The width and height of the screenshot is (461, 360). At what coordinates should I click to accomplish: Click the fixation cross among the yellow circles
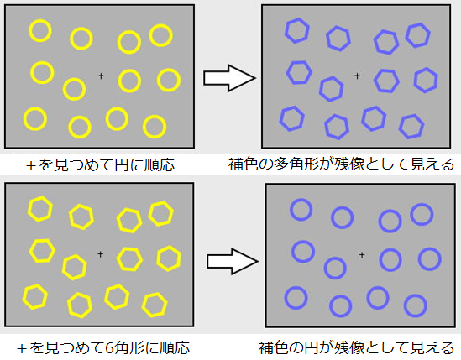coord(101,76)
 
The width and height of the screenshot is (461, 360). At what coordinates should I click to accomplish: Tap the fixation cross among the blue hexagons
coord(357,76)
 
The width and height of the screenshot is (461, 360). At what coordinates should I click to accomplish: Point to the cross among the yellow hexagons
coord(100,254)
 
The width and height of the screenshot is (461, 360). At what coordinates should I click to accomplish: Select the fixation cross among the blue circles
coord(362,255)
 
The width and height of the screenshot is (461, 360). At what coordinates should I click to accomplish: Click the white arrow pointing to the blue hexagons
coord(229,78)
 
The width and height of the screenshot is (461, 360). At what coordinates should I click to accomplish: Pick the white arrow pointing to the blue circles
coord(233,261)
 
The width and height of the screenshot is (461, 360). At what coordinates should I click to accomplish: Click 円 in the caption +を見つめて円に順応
coord(122,164)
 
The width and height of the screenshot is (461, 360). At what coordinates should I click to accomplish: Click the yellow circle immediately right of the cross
coord(129,81)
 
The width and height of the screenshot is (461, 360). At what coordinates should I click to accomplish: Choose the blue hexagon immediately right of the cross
coord(386,81)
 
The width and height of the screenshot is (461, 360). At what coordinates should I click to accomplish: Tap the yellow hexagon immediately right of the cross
coord(129,259)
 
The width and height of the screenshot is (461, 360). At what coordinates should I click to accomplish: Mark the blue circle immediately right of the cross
coord(390,260)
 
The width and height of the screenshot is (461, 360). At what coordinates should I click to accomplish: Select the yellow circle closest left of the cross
coord(75,89)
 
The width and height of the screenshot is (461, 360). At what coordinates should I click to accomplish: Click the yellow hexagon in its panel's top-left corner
coord(40,209)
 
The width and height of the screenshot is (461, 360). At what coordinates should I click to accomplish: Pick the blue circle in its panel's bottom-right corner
coord(416,306)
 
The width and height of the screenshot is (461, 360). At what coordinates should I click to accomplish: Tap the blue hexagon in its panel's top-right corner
coord(418,35)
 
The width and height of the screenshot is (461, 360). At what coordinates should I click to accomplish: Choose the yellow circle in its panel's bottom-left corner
coord(35,118)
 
